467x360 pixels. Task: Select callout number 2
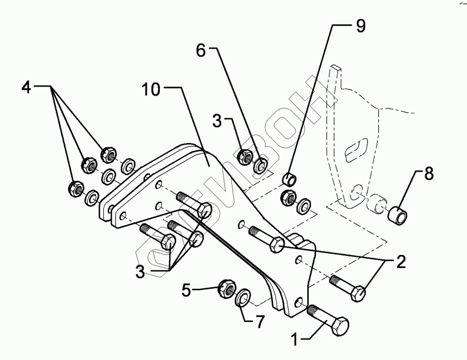[x=402, y=261]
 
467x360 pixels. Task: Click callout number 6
[x=201, y=51]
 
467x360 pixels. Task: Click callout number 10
[x=150, y=90]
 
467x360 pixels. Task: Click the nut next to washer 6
[x=245, y=156]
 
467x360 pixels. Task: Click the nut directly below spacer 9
[x=289, y=197]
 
